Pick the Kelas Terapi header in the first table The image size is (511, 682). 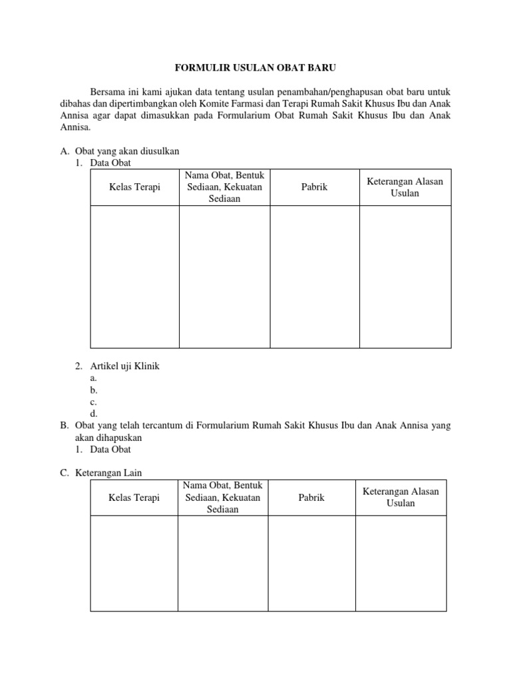pos(134,187)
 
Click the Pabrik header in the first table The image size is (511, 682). pos(314,187)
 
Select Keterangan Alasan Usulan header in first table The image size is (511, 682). pos(405,187)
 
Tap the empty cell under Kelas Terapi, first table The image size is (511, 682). pos(134,276)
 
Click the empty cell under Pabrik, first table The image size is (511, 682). pos(314,276)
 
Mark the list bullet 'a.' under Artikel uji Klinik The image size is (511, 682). pos(94,378)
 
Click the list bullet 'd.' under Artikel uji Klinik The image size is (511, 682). pos(94,414)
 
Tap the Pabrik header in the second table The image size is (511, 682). pos(311,498)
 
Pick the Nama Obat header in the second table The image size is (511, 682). pos(222,498)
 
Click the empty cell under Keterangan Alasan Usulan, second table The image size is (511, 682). pos(401,563)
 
